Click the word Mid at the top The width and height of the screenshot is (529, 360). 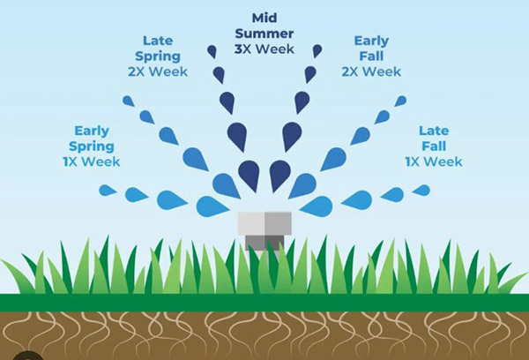click(x=264, y=18)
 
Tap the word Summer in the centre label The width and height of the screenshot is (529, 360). click(x=264, y=34)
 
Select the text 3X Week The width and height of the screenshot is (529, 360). click(x=264, y=49)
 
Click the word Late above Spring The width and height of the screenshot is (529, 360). click(x=158, y=41)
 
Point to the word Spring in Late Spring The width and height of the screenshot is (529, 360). click(x=158, y=56)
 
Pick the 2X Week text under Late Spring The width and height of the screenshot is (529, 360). click(x=158, y=71)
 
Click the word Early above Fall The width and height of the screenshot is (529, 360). click(x=371, y=41)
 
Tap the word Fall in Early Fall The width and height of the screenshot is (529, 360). click(x=371, y=56)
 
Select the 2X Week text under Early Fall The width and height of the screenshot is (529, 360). click(x=371, y=71)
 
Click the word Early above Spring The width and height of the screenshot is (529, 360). click(x=92, y=131)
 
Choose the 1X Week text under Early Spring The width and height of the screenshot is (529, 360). click(x=92, y=161)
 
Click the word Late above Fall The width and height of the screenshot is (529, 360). click(x=434, y=131)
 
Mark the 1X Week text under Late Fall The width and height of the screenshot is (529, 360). click(x=434, y=161)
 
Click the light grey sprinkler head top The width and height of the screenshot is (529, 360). click(x=264, y=223)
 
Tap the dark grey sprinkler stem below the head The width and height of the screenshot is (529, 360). click(x=264, y=244)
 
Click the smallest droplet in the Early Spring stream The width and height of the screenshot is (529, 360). click(x=108, y=190)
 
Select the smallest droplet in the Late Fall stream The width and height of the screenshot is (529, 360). click(x=421, y=190)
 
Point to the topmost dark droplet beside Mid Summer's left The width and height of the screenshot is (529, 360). click(x=212, y=51)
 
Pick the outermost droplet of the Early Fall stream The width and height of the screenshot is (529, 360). click(x=400, y=101)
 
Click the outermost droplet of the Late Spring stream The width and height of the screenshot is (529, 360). click(x=128, y=101)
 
